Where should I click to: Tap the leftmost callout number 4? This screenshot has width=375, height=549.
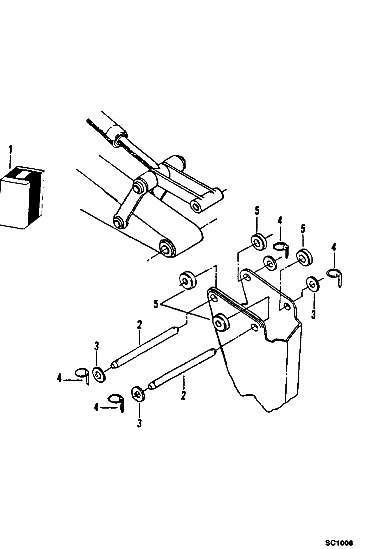tap(59, 379)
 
